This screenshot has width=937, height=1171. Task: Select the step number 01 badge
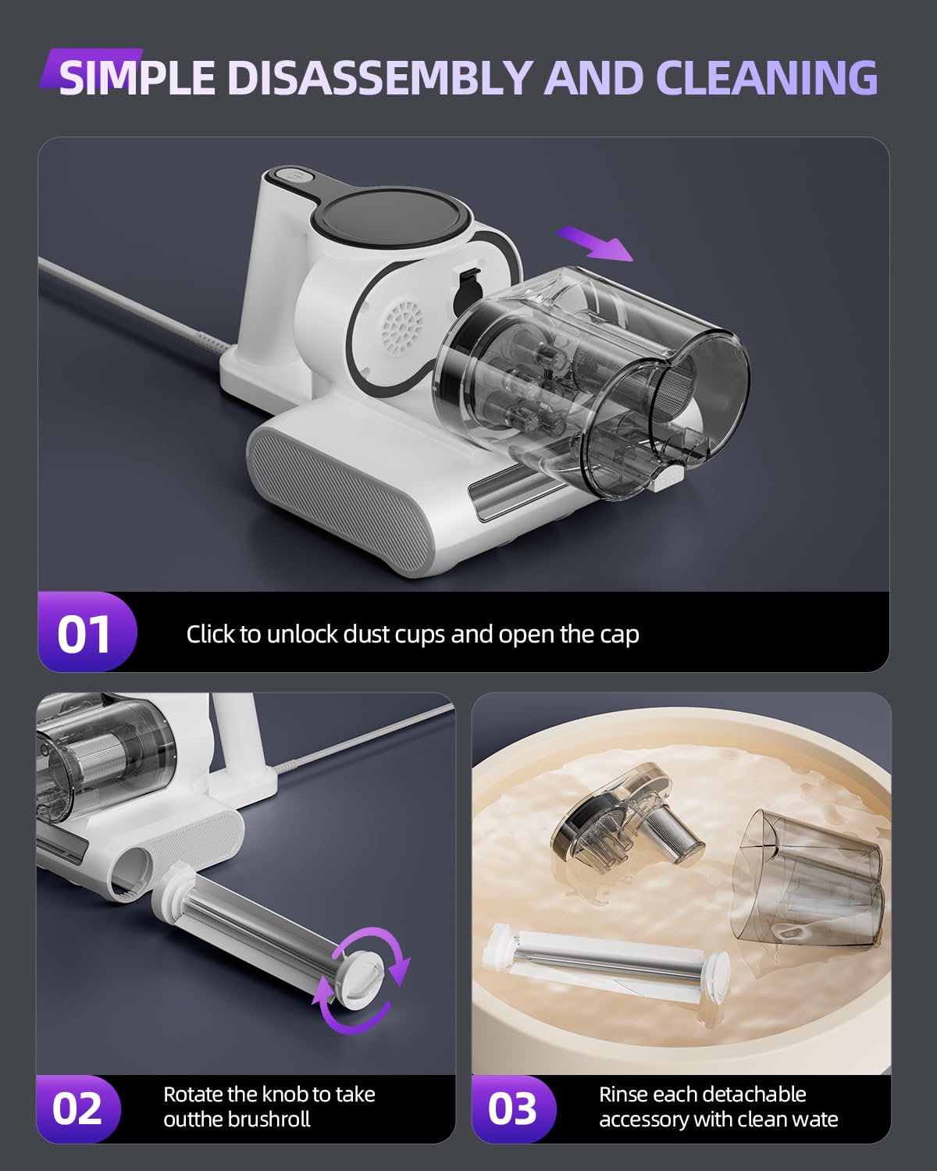tap(84, 633)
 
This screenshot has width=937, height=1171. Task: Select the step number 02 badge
tap(78, 1109)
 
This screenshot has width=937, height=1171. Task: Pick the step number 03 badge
tap(513, 1109)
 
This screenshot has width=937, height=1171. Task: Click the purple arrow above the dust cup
tap(597, 244)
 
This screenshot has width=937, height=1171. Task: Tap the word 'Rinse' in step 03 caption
tap(622, 1094)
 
